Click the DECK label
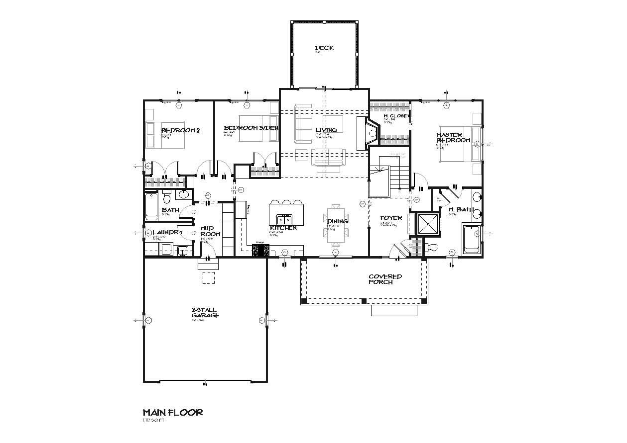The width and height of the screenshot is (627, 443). (324, 48)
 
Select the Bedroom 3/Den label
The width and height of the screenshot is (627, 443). (251, 128)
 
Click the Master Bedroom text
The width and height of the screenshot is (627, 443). (453, 138)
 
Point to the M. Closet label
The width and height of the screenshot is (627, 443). (396, 116)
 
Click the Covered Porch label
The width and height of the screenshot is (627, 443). (385, 279)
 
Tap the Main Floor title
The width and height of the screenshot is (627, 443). (172, 412)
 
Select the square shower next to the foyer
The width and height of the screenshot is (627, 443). (427, 224)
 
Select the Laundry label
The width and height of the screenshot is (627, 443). (167, 232)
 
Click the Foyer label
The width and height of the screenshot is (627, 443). (391, 218)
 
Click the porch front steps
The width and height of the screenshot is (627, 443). (394, 310)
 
